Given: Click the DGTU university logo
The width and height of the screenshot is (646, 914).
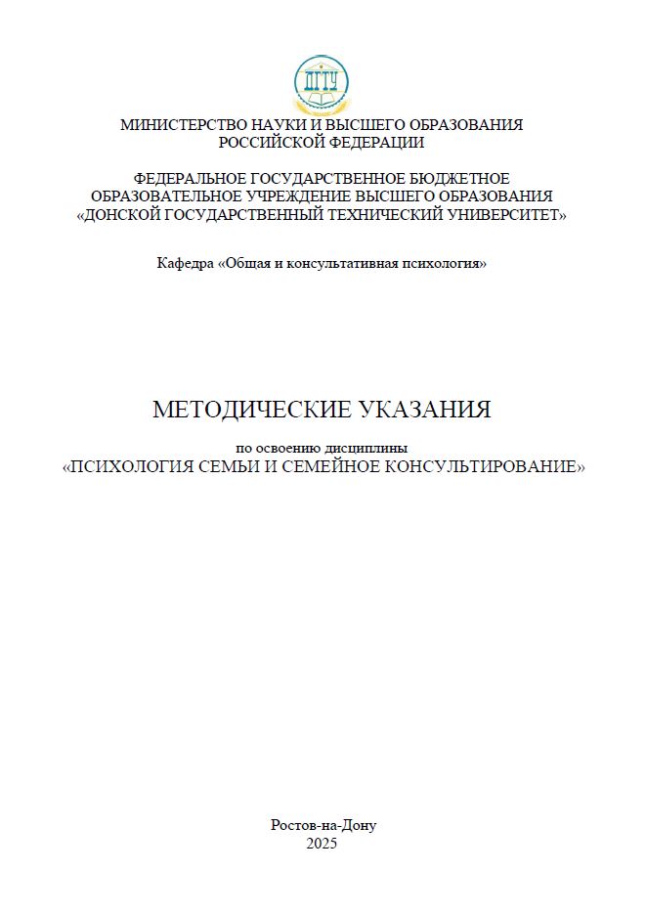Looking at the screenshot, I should [322, 84].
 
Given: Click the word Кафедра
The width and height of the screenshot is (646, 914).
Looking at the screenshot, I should [185, 264].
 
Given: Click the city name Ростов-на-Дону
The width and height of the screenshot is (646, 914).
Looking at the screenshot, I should [323, 825].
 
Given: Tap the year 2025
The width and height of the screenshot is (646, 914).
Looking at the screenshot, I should [322, 843].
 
